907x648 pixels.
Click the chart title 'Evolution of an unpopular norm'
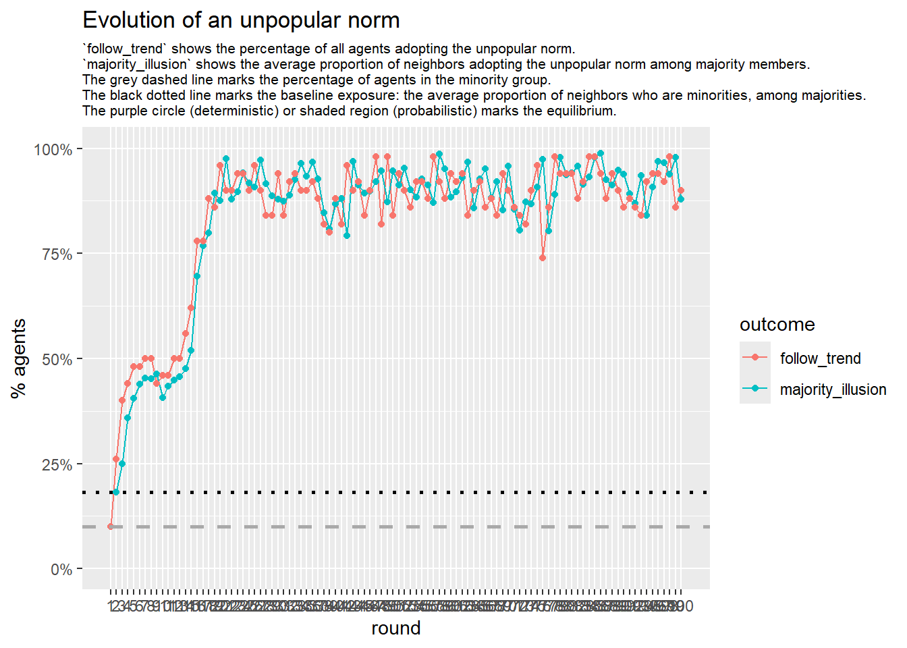pos(241,20)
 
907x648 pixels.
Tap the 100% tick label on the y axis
pos(53,149)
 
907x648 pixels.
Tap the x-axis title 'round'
pos(396,628)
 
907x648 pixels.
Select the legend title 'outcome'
pos(777,325)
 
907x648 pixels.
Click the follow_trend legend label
pos(820,358)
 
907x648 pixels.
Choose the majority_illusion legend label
pos(833,389)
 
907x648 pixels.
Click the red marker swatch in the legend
pos(755,358)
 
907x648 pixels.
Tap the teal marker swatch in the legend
pos(755,389)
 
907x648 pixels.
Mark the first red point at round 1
pos(111,526)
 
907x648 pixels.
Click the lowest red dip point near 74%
pos(543,258)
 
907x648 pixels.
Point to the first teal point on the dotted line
pos(116,492)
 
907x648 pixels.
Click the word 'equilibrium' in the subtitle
pos(580,111)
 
